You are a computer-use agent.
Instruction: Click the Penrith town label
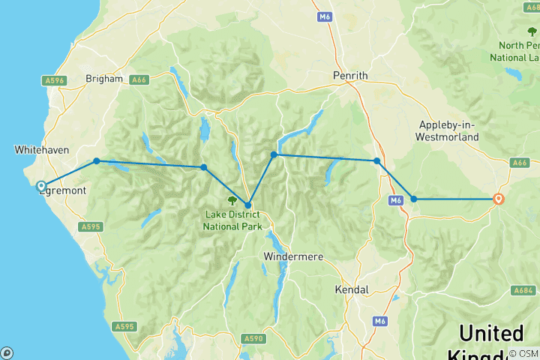(x=350, y=76)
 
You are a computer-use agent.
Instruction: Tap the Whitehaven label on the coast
(x=42, y=150)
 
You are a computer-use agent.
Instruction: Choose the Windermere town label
(x=293, y=256)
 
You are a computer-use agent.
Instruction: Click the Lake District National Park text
(x=231, y=217)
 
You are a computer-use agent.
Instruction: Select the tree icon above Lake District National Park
(x=232, y=201)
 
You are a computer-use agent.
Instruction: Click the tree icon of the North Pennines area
(x=532, y=31)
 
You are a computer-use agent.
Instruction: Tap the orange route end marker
(x=499, y=199)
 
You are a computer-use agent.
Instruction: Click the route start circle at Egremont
(x=42, y=186)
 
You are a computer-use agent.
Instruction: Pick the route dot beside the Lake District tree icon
(x=247, y=205)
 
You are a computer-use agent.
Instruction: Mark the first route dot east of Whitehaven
(x=96, y=160)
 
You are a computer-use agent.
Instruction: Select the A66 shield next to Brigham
(x=139, y=79)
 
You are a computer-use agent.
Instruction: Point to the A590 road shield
(x=253, y=339)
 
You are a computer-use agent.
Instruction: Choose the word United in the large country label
(x=491, y=333)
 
